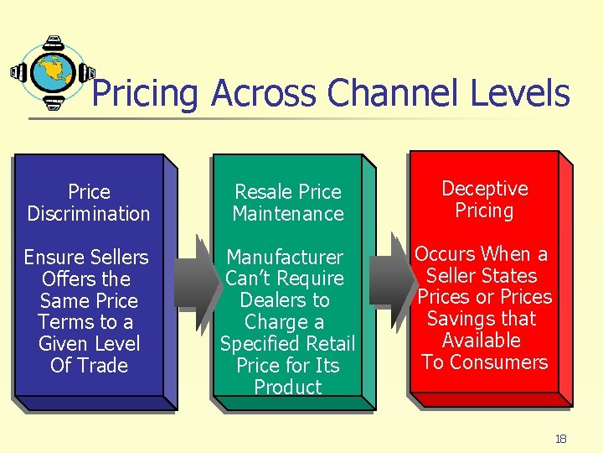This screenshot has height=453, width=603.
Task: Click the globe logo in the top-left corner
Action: coord(52,73)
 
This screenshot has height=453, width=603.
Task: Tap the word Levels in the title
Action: coord(520,93)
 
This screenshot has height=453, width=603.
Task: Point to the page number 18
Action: coord(560,439)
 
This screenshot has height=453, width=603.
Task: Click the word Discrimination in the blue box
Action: coord(89,214)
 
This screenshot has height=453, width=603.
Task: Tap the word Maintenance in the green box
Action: coord(288,214)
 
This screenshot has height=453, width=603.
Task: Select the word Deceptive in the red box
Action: coord(485,189)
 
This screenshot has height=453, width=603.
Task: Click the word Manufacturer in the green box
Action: coord(285,257)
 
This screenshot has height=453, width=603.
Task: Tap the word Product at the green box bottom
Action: coord(288,388)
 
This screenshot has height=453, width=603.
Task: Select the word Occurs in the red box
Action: coord(444,254)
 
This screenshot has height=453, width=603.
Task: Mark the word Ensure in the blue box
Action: coord(50,258)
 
